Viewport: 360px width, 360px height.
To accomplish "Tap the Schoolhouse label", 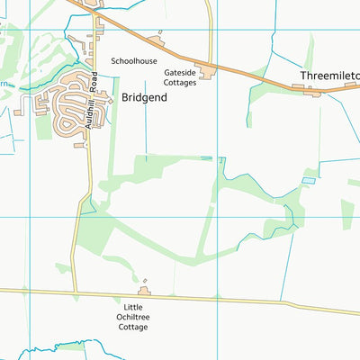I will click(x=134, y=61).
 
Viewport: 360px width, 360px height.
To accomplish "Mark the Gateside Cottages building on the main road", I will click(x=207, y=71).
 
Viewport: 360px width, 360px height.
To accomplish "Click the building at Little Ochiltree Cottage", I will click(x=144, y=291).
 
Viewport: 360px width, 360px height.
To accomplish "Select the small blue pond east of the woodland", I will click(x=309, y=181).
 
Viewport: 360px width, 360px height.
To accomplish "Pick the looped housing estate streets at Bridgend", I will click(x=65, y=113).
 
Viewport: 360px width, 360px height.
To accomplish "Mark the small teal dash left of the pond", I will click(x=207, y=158).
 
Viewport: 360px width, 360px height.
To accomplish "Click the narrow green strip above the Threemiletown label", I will click(x=311, y=49).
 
